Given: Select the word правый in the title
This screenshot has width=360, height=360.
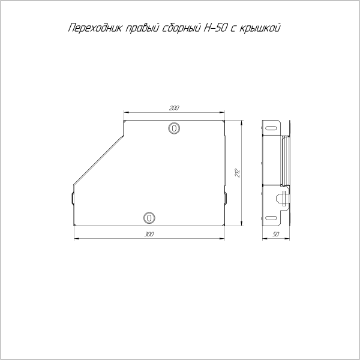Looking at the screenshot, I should tap(142, 28).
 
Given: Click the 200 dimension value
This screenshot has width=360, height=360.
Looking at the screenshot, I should tap(174, 108).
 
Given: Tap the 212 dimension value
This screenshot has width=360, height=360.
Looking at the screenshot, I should tap(238, 173).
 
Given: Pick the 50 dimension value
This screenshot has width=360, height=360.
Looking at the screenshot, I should tap(277, 235).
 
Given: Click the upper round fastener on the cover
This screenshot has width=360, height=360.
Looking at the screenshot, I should tap(173, 128).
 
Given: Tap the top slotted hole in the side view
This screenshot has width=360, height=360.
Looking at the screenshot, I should tap(271, 128).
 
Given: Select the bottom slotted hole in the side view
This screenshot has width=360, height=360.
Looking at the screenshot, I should tap(271, 218).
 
